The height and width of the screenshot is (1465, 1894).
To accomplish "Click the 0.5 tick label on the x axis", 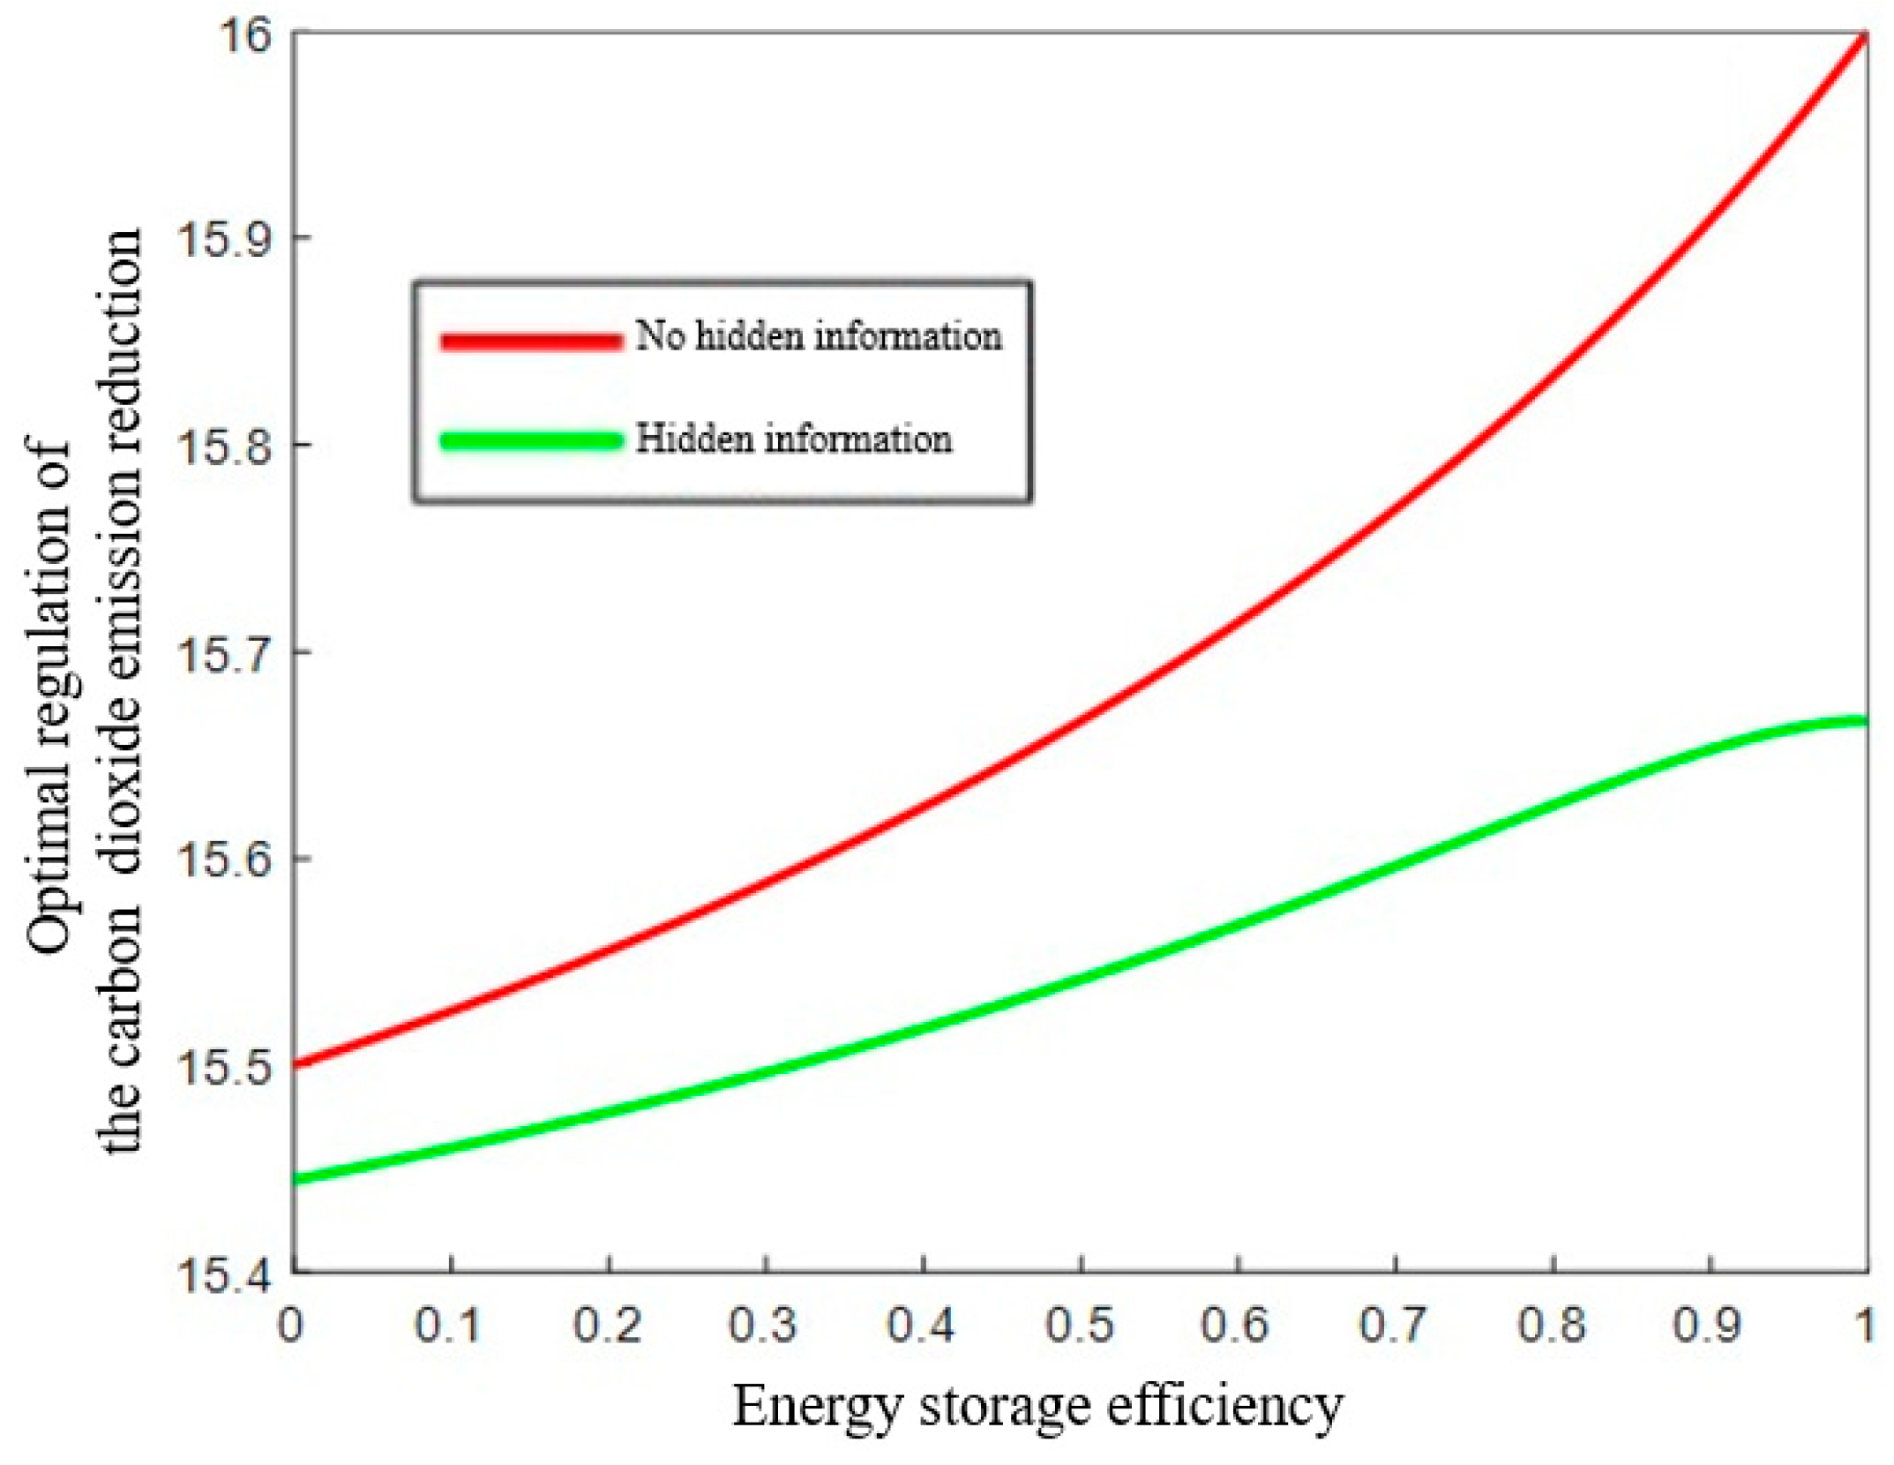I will pyautogui.click(x=1080, y=1326).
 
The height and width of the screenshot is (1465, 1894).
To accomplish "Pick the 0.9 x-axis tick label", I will pyautogui.click(x=1709, y=1326).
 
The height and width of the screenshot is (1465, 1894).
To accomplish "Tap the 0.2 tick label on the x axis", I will pyautogui.click(x=608, y=1326).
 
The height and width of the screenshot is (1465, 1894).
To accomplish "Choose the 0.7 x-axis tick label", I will pyautogui.click(x=1395, y=1326).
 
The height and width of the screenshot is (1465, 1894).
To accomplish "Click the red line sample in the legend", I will pyautogui.click(x=531, y=341).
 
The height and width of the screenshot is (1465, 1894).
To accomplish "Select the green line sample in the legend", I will pyautogui.click(x=531, y=440).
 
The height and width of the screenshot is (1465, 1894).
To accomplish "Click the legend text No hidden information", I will pyautogui.click(x=819, y=336).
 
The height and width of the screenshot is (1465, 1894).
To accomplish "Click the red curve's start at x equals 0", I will pyautogui.click(x=296, y=1065).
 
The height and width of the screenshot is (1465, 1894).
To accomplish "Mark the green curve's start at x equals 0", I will pyautogui.click(x=296, y=1179).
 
